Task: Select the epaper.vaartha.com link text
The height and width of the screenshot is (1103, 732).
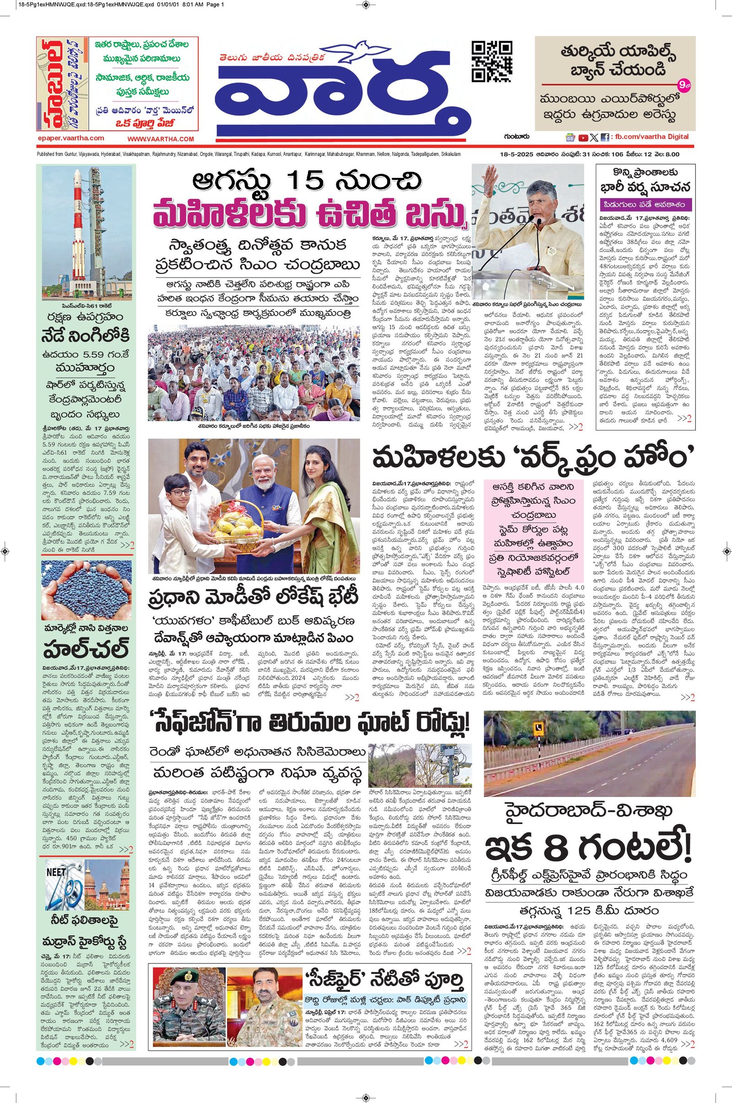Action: click(71, 139)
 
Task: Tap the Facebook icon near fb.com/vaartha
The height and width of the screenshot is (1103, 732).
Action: click(604, 138)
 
